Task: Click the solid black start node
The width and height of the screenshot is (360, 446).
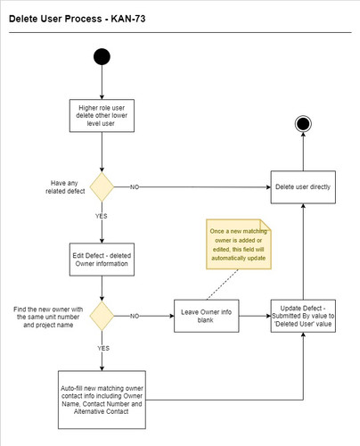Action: [x=102, y=57]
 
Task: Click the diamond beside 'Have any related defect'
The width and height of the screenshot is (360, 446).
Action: [x=102, y=187]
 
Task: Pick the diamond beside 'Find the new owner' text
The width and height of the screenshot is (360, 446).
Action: [x=102, y=316]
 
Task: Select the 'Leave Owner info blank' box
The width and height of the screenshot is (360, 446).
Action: [x=203, y=316]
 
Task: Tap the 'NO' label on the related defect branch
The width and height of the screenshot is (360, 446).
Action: [x=135, y=187]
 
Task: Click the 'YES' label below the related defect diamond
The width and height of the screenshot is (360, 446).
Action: [x=102, y=215]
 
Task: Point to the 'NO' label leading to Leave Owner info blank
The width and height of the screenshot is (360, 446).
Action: [x=135, y=316]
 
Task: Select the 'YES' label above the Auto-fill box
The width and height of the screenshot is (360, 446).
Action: [x=102, y=347]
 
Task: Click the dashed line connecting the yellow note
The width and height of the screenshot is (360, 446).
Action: [x=218, y=284]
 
